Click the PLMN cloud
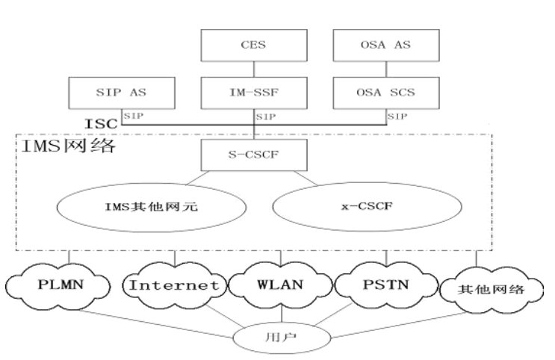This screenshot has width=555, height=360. pos(55,285)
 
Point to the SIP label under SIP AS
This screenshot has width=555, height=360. pos(133,116)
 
